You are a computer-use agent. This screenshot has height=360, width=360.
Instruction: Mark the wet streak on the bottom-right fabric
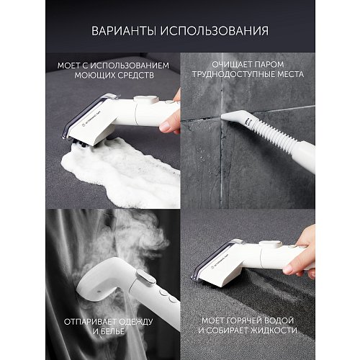274,288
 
